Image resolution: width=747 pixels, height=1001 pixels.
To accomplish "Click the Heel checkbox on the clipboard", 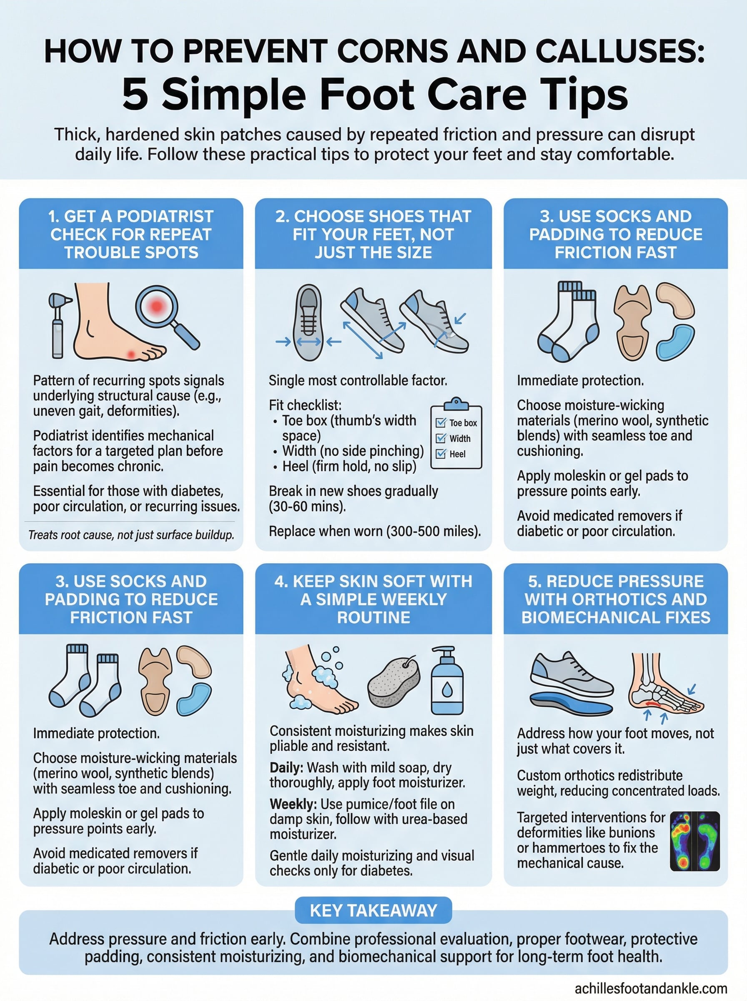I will click(441, 454).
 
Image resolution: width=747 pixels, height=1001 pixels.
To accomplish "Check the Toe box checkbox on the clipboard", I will click(441, 423).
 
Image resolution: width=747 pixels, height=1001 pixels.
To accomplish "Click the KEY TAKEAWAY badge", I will click(373, 910).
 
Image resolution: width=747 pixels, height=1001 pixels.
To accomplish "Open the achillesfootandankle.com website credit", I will click(651, 988).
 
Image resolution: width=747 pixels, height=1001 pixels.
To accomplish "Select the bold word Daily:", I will click(287, 767).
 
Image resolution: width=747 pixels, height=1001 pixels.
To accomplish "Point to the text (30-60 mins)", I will click(307, 506).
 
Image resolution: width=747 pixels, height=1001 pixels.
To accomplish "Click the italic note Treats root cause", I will click(131, 535).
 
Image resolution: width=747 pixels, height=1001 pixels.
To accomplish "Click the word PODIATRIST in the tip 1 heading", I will click(165, 216).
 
